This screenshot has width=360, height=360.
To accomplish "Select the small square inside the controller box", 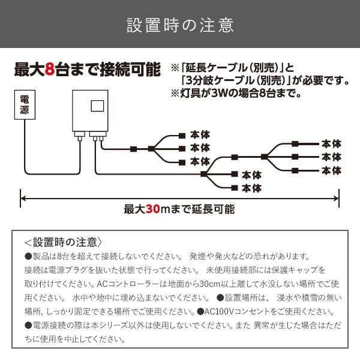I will coord(97,106).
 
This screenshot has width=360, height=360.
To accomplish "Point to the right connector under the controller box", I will coord(96,138).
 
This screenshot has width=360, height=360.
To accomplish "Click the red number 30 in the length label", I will coord(152,209).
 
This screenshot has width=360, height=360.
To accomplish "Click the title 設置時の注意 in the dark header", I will coord(180,26).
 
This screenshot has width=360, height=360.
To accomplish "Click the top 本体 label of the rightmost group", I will coord(331,144).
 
